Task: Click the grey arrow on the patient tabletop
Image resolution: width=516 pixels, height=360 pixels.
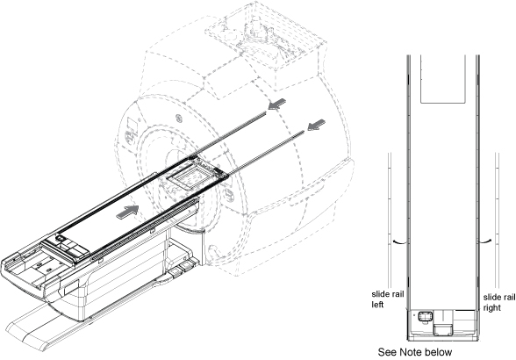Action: [128, 211]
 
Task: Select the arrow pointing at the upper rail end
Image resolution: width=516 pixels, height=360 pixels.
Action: [277, 104]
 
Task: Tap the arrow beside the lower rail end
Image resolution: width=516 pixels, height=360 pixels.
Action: [316, 125]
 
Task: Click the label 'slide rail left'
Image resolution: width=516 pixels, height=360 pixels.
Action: [387, 299]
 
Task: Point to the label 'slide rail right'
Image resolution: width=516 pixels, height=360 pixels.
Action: [499, 302]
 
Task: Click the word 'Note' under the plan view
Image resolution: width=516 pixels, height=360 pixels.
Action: [411, 352]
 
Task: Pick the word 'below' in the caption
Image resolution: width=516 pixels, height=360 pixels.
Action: [439, 352]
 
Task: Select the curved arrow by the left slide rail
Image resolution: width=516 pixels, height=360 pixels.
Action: [398, 241]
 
